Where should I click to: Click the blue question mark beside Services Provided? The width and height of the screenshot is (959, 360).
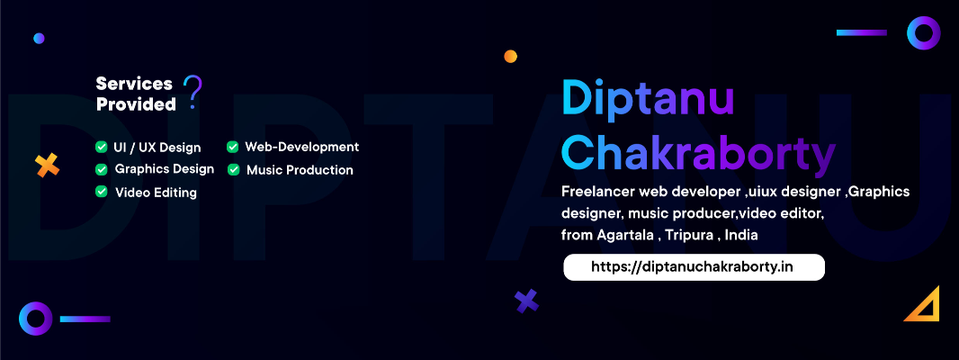193,92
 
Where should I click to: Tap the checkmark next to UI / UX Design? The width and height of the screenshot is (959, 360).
101,147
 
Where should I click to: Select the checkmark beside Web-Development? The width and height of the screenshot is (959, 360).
232,147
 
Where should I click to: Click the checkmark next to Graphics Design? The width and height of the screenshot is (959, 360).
101,169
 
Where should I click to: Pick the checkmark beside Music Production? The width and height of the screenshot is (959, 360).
233,169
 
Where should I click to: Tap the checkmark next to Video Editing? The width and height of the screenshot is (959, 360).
101,192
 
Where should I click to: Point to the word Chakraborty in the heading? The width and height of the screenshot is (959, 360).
698,153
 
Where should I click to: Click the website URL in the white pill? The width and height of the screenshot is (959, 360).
693,267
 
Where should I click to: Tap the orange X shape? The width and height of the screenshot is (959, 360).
47,166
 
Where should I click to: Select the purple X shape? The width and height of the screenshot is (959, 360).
526,301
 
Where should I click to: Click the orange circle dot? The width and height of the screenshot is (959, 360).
511,57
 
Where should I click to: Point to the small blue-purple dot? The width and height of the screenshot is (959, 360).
40,39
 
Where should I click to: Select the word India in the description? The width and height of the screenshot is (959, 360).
741,235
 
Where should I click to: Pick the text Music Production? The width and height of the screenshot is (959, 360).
300,169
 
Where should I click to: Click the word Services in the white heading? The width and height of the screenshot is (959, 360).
134,84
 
